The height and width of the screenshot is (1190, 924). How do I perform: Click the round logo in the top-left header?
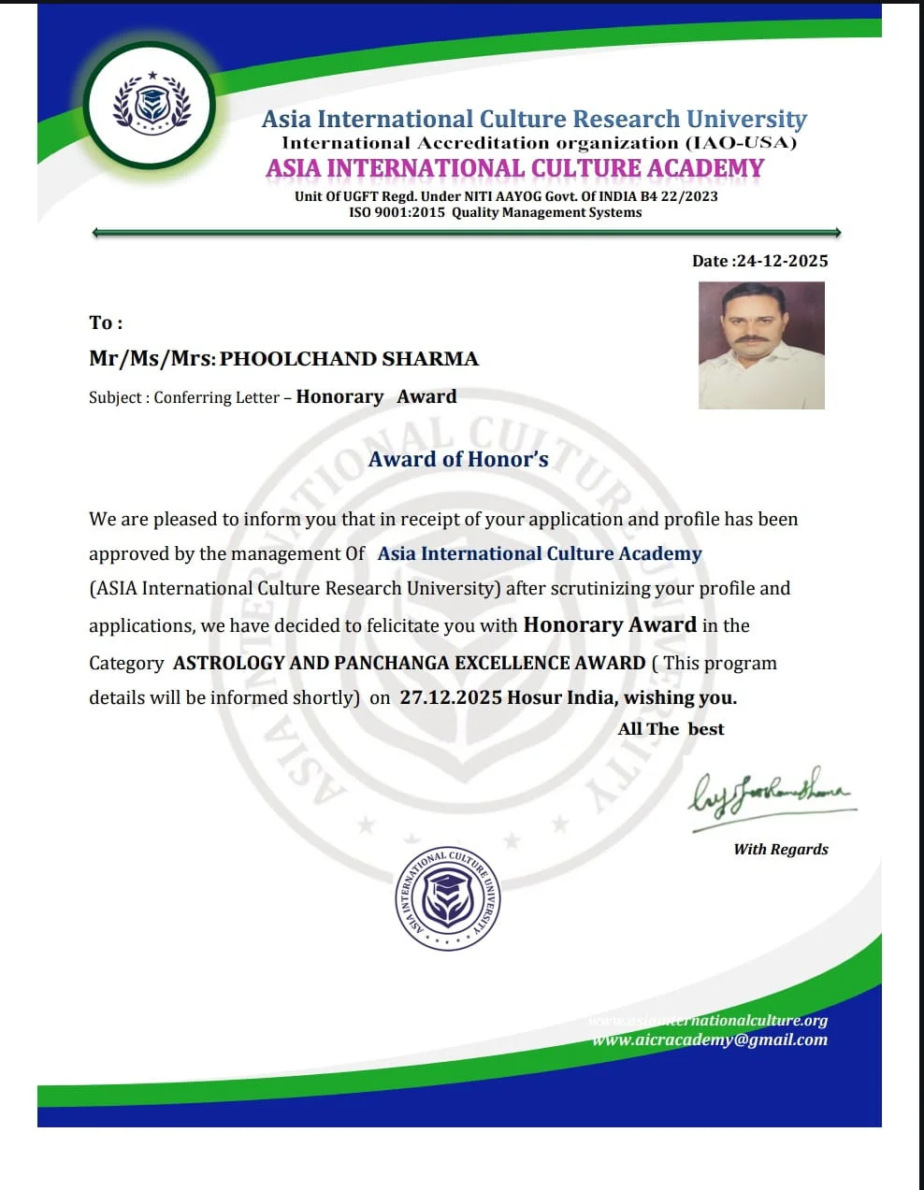151,106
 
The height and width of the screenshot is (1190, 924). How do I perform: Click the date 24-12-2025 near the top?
782,261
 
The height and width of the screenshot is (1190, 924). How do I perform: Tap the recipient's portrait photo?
761,345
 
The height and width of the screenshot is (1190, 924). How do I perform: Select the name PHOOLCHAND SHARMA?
349,359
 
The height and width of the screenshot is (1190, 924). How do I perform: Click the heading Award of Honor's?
458,459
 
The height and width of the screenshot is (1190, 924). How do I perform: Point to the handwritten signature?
771,795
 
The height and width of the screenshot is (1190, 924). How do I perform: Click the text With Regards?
781,849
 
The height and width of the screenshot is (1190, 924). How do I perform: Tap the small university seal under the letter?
447,899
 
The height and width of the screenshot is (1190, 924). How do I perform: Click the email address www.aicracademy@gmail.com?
710,1039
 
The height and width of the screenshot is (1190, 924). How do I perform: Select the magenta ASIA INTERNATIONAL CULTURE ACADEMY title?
514,168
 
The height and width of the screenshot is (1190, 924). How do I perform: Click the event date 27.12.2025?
451,697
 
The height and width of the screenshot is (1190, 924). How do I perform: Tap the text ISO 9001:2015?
397,212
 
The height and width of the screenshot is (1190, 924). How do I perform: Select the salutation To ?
106,323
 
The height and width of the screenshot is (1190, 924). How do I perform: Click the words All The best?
671,729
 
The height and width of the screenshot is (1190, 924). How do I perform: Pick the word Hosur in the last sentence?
534,697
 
